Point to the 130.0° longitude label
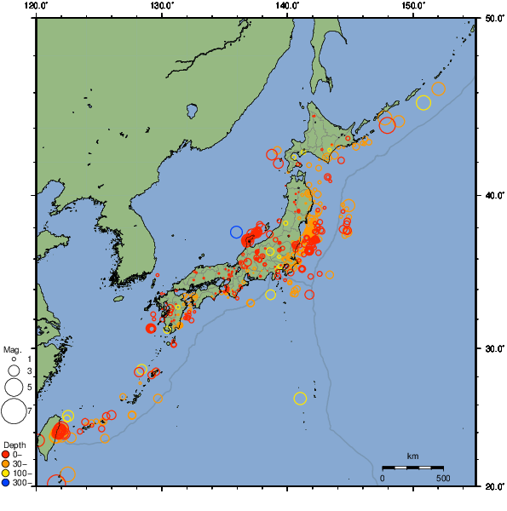point(162,7)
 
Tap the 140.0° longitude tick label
point(287,7)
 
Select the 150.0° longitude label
point(412,7)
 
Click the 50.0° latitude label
point(493,18)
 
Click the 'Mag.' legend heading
point(12,349)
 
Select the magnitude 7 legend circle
point(14,412)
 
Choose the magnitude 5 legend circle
point(14,387)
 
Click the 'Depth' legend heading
point(14,445)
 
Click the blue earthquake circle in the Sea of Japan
point(237,232)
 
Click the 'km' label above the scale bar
point(412,456)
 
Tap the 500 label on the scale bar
point(443,478)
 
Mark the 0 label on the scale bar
point(383,478)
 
